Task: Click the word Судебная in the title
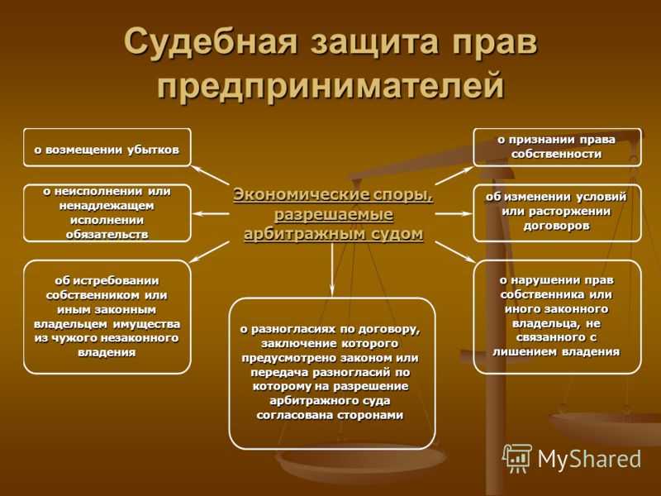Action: click(x=212, y=41)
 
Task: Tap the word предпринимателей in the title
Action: click(x=331, y=85)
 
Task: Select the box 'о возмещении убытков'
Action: click(x=107, y=148)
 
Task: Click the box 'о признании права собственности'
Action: click(x=557, y=147)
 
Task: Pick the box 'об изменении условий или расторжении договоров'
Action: click(x=557, y=213)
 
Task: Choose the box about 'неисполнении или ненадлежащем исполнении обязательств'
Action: click(x=107, y=213)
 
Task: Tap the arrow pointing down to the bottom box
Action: click(x=332, y=269)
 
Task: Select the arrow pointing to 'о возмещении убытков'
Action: click(x=211, y=175)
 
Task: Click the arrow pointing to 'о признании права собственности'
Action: click(x=454, y=175)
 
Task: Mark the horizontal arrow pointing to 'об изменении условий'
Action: click(x=454, y=214)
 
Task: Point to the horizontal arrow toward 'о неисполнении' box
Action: click(x=211, y=214)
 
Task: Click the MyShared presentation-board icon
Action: click(x=517, y=458)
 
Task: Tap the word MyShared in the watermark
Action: click(x=589, y=459)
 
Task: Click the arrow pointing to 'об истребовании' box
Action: click(x=210, y=252)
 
